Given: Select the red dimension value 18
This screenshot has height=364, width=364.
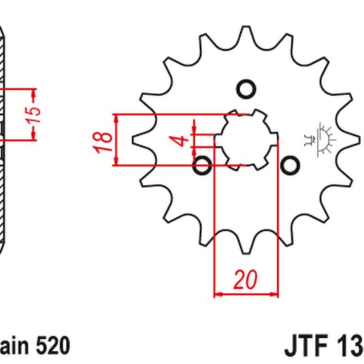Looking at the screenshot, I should click(x=105, y=139).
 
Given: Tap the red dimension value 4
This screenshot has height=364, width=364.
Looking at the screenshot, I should click(x=179, y=141).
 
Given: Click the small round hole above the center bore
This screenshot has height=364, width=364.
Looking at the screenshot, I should click(x=246, y=90).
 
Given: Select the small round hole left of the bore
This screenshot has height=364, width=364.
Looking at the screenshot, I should click(x=203, y=164).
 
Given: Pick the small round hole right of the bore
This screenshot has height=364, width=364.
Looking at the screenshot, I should click(x=291, y=164).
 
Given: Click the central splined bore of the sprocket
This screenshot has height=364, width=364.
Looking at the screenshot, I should click(x=246, y=140).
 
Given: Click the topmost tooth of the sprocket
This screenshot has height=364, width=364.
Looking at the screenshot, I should click(x=246, y=33).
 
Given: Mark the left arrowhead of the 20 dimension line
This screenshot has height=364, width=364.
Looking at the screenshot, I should click(x=219, y=295).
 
